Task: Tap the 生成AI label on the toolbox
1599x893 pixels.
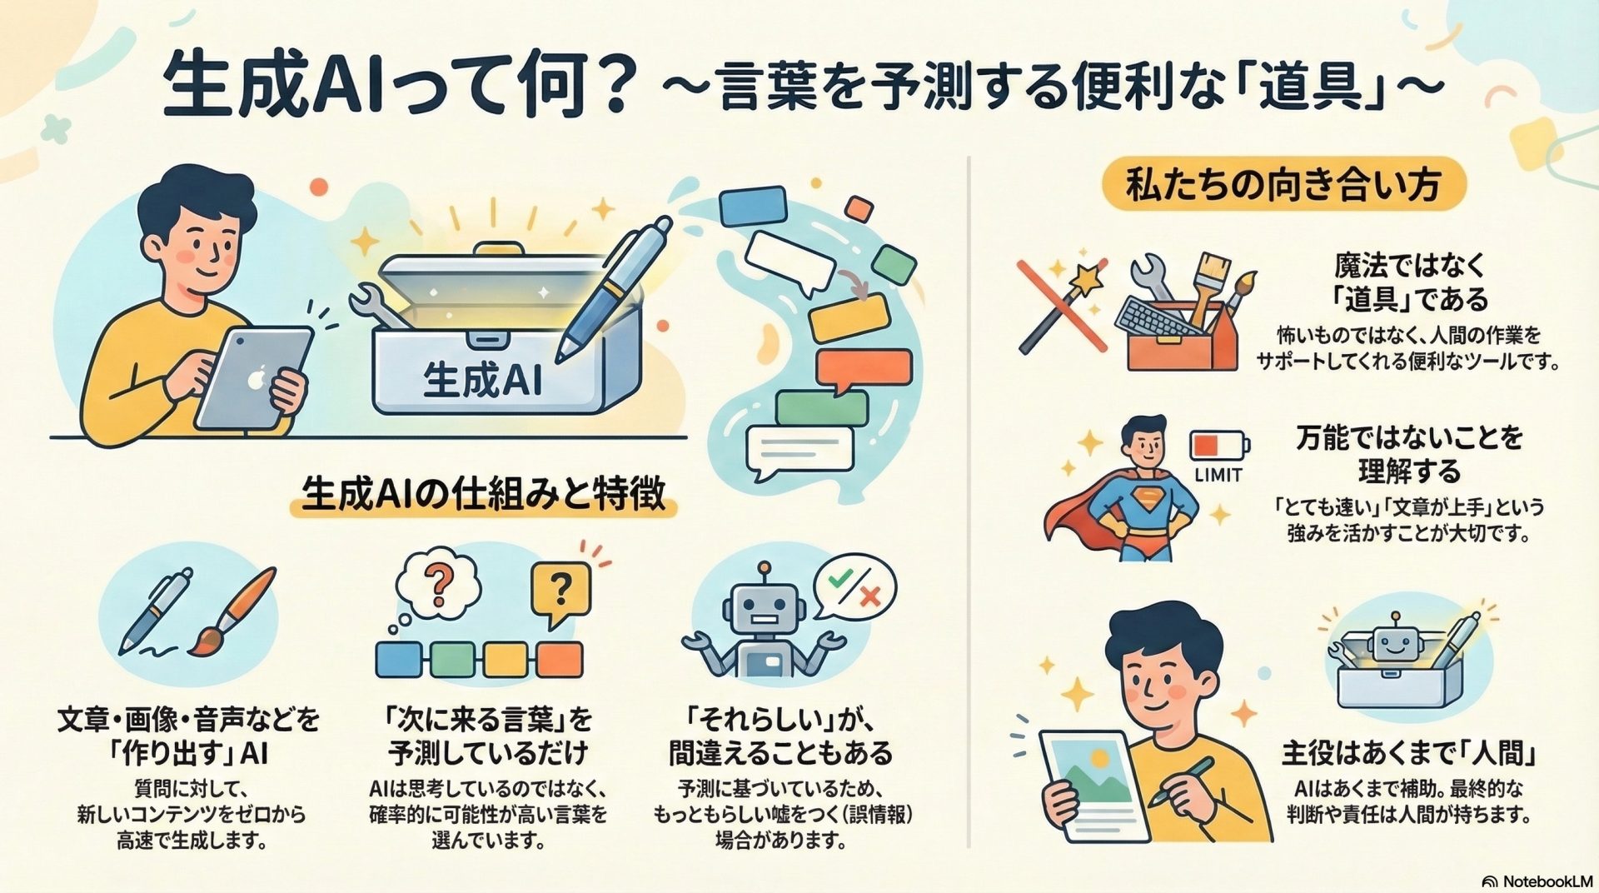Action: point(483,381)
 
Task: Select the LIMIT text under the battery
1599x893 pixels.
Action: point(1218,475)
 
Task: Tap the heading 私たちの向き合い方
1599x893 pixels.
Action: point(1283,183)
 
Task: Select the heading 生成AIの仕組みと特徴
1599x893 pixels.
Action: point(483,494)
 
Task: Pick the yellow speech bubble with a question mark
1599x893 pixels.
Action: point(560,593)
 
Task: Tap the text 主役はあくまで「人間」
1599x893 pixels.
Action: point(1407,754)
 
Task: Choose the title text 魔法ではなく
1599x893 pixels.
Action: point(1409,266)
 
